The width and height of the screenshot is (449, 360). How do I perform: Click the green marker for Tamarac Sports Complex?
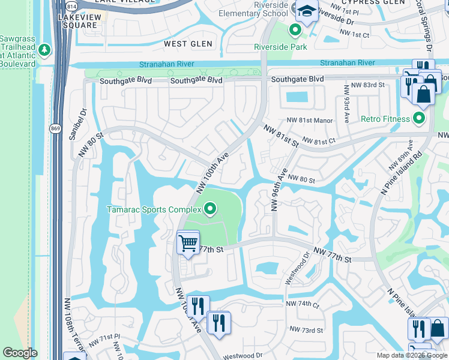tap(210, 209)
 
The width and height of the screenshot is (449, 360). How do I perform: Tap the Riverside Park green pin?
tap(295, 29)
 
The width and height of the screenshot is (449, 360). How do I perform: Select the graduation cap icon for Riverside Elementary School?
tap(307, 11)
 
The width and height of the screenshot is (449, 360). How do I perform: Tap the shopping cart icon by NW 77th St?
tap(188, 243)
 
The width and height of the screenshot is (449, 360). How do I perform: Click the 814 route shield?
tap(72, 5)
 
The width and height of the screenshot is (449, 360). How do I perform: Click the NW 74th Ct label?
tap(303, 304)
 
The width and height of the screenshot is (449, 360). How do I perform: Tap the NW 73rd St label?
tap(306, 329)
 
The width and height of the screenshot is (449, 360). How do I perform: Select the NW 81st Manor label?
tap(309, 121)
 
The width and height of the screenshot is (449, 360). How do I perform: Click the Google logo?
tap(20, 353)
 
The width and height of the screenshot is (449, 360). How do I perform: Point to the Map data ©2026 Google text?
tap(411, 355)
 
